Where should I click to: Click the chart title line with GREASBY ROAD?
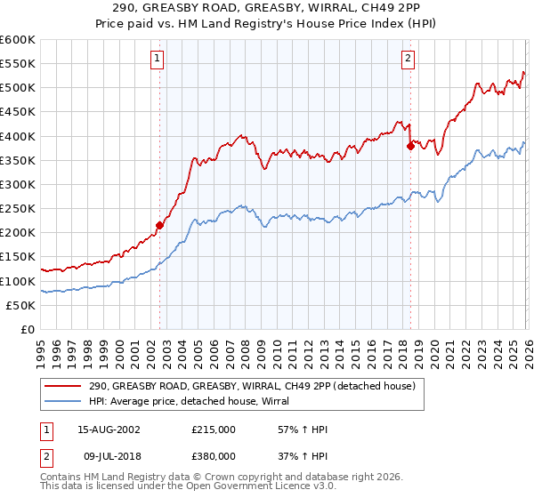tap(267, 8)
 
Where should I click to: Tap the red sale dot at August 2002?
tap(160, 225)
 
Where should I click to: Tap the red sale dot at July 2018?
tap(410, 146)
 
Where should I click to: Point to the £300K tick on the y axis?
tap(19, 184)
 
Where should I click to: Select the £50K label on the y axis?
tap(21, 305)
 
